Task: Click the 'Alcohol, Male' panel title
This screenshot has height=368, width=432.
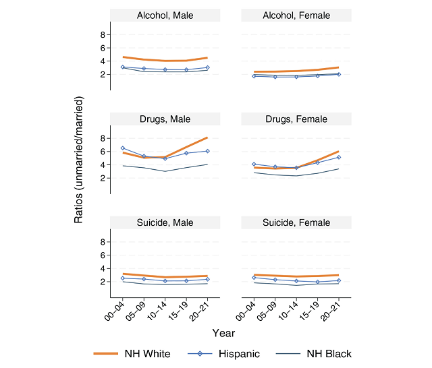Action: (165, 15)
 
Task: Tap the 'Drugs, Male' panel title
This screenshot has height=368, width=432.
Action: (165, 119)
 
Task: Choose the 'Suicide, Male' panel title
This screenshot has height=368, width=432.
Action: (165, 222)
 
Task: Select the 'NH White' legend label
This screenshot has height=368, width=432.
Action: (147, 354)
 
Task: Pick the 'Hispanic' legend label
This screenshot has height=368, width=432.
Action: (238, 354)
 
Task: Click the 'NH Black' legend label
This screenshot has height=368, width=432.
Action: (328, 354)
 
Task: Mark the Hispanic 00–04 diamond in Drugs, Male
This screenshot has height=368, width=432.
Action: (123, 148)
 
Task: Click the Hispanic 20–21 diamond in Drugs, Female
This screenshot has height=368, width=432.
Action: (338, 157)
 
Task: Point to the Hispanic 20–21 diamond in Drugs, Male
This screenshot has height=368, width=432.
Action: (207, 151)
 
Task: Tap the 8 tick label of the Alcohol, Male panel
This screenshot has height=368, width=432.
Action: (104, 34)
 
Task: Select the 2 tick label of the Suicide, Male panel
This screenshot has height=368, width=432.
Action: (104, 282)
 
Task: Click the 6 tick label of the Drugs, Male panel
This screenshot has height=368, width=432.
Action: (104, 152)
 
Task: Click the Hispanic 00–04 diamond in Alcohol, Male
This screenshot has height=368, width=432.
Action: (123, 67)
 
